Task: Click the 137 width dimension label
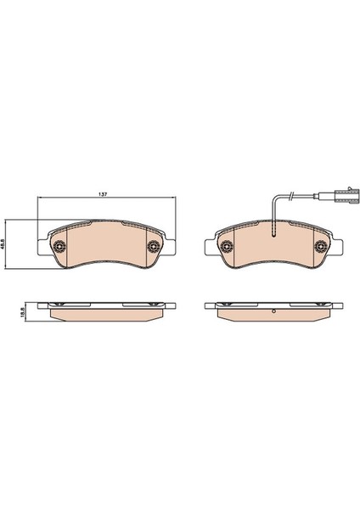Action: pos(103,194)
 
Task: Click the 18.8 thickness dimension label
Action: pos(22,312)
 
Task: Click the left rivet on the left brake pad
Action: pos(59,246)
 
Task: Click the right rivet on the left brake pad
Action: pos(153,246)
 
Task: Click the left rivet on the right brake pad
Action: pos(226,246)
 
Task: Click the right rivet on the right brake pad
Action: pos(320,246)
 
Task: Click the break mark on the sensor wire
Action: pos(291,194)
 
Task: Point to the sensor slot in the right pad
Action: pos(273,228)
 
